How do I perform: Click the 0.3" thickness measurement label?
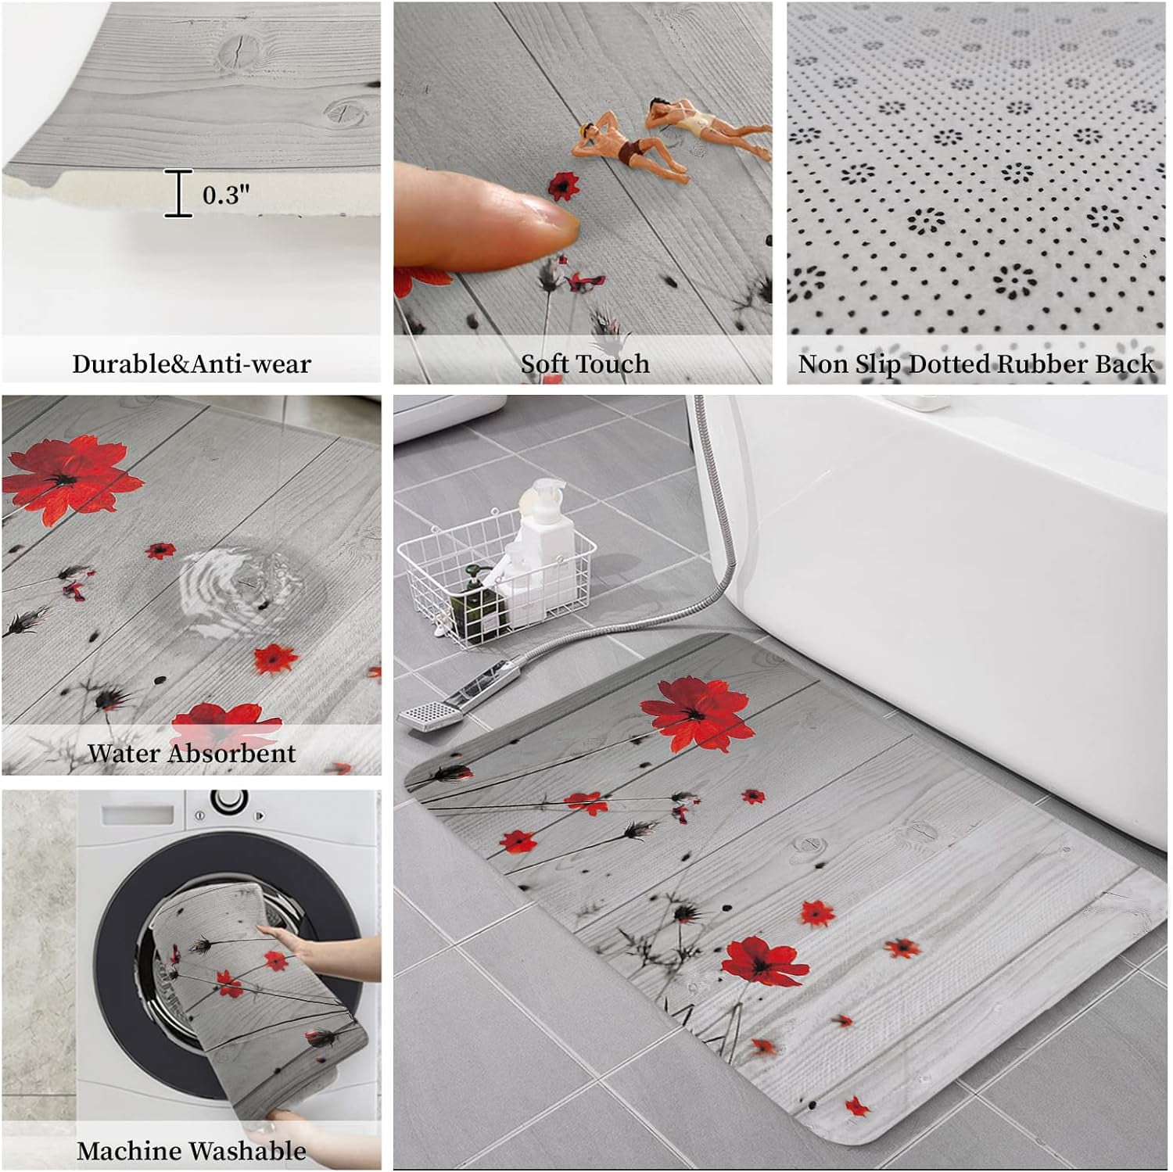[x=226, y=194]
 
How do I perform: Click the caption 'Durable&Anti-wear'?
[x=192, y=364]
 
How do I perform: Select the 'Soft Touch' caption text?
[x=585, y=364]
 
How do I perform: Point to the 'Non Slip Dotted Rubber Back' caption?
[x=976, y=364]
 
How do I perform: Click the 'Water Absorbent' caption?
[x=192, y=753]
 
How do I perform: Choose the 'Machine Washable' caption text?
[x=192, y=1150]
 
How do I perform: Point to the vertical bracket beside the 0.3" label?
[x=179, y=193]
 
